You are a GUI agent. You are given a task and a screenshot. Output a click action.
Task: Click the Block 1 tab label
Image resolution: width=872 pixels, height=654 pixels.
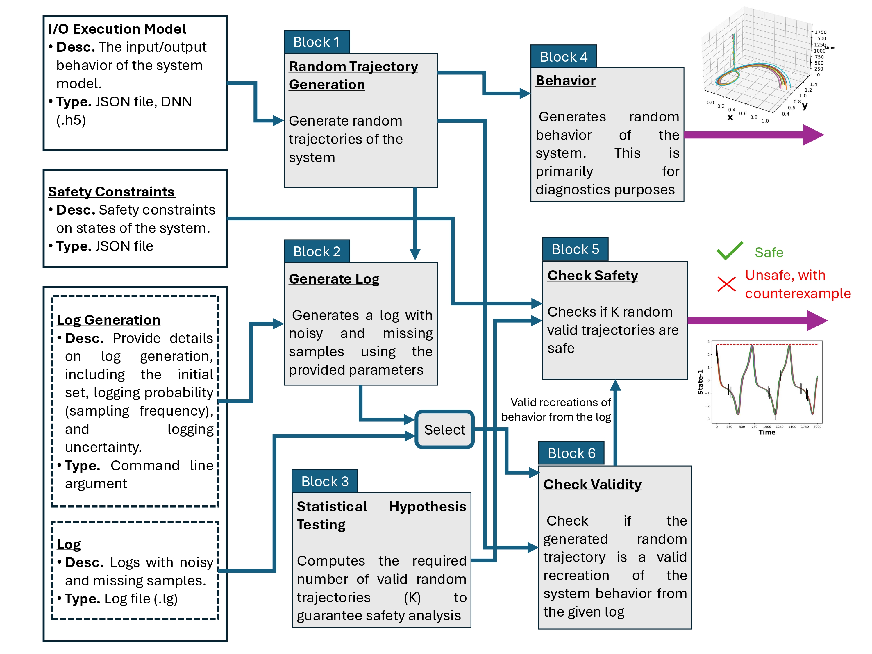(317, 42)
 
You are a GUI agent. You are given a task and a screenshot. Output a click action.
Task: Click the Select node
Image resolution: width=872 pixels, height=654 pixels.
(444, 429)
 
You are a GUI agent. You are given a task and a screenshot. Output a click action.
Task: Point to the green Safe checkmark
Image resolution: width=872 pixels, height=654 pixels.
(730, 251)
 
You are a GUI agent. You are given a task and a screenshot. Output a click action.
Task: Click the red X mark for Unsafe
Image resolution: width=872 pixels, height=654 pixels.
(726, 284)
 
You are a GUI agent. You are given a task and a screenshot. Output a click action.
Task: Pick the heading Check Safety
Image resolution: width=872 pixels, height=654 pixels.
(592, 275)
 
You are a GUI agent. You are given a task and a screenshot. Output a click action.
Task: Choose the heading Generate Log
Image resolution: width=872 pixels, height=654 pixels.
(334, 279)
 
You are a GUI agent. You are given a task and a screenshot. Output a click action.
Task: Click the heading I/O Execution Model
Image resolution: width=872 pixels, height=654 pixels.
(117, 29)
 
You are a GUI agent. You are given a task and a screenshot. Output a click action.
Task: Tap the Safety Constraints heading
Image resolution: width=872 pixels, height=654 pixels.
(111, 192)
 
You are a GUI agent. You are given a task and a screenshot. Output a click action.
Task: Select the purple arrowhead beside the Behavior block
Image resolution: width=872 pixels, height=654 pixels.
(813, 135)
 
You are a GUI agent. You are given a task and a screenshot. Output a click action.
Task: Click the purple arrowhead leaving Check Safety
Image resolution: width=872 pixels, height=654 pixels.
(817, 321)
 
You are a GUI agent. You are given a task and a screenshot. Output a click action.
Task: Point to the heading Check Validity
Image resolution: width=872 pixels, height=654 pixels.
(592, 484)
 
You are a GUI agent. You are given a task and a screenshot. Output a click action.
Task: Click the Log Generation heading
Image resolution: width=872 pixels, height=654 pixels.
(108, 320)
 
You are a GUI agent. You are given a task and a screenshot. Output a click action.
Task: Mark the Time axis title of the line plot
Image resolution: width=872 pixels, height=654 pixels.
(767, 432)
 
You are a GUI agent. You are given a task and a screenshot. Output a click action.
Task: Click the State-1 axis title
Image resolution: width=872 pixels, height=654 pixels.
(700, 382)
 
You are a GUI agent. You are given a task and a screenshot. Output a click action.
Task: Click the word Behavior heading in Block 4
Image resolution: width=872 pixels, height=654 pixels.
(565, 81)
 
